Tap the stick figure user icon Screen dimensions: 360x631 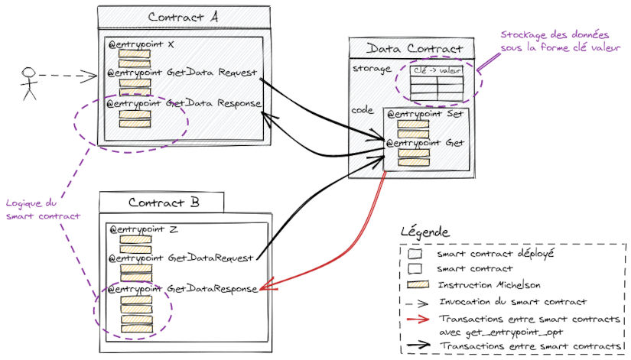[29, 83]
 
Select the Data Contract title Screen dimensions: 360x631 [410, 49]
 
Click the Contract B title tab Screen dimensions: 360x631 [163, 203]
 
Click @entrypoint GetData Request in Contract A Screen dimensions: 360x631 [182, 74]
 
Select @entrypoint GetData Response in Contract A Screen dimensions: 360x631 [184, 103]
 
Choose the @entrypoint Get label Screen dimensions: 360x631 [424, 142]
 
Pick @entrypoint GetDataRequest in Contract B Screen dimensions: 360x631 [181, 258]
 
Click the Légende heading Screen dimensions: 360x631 [424, 232]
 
